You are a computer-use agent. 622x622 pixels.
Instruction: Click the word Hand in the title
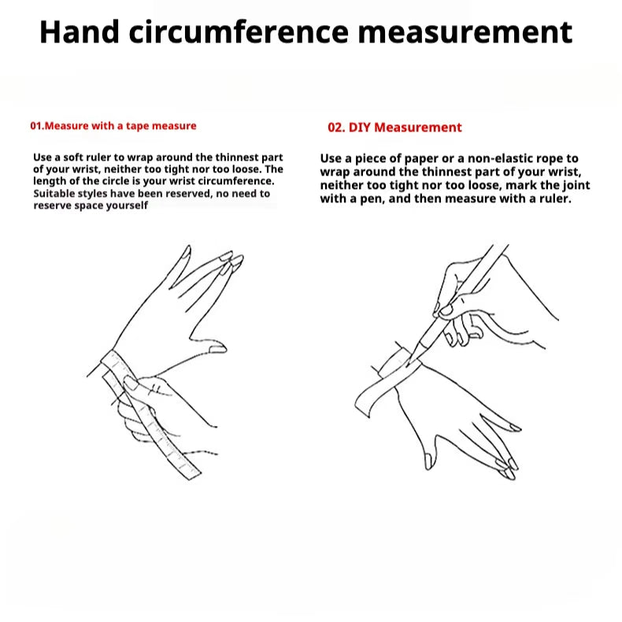[x=80, y=31]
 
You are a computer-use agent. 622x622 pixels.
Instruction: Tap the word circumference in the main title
[x=239, y=31]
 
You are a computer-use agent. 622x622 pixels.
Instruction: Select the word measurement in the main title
[x=465, y=32]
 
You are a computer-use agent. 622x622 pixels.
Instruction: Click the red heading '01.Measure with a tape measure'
[x=113, y=126]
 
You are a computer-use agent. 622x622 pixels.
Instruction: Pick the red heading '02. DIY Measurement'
[x=394, y=128]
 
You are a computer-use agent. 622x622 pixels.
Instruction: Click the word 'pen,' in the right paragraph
[x=372, y=198]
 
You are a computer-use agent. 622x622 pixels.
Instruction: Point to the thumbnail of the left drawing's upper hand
[x=217, y=349]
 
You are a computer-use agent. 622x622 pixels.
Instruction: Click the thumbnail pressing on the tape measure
[x=131, y=383]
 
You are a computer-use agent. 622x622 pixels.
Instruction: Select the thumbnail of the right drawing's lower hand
[x=428, y=461]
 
